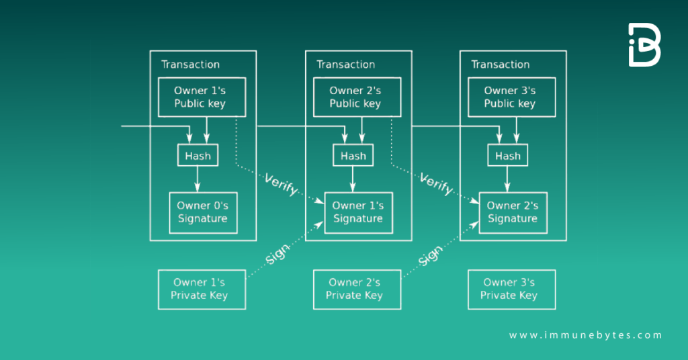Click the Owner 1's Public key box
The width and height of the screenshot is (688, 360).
pyautogui.click(x=200, y=97)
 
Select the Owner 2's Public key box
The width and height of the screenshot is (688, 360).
pyautogui.click(x=355, y=97)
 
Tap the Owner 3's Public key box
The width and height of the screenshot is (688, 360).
pyautogui.click(x=509, y=97)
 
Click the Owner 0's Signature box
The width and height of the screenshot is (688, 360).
pyautogui.click(x=202, y=212)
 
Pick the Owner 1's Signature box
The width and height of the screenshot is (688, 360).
pyautogui.click(x=357, y=212)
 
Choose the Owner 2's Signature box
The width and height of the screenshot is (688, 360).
pyautogui.click(x=512, y=212)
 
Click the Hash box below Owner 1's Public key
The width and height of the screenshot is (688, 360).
pyautogui.click(x=198, y=156)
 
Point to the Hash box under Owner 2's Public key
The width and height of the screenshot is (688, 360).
pyautogui.click(x=353, y=156)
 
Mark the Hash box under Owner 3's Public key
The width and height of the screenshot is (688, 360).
pyautogui.click(x=507, y=156)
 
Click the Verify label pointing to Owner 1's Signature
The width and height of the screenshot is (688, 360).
pyautogui.click(x=281, y=184)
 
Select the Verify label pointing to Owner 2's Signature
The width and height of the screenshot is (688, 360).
pyautogui.click(x=436, y=184)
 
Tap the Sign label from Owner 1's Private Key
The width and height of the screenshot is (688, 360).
pyautogui.click(x=277, y=254)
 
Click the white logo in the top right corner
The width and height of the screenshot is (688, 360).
pyautogui.click(x=644, y=45)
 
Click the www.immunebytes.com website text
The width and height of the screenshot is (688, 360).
pyautogui.click(x=585, y=335)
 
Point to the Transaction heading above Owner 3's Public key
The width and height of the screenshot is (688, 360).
pyautogui.click(x=500, y=64)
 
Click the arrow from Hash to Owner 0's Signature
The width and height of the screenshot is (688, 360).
pyautogui.click(x=198, y=179)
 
